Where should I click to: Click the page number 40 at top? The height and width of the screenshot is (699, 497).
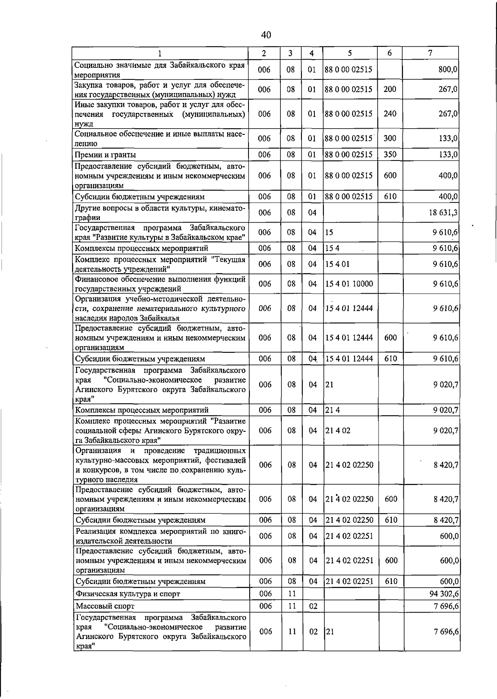pyautogui.click(x=266, y=35)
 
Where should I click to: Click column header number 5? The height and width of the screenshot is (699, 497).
pyautogui.click(x=350, y=53)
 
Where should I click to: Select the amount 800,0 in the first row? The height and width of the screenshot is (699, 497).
pyautogui.click(x=448, y=70)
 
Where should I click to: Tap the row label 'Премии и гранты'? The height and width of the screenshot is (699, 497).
pyautogui.click(x=105, y=155)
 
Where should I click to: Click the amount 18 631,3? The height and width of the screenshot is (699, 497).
pyautogui.click(x=443, y=213)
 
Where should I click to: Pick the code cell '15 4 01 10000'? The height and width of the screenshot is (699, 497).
pyautogui.click(x=349, y=284)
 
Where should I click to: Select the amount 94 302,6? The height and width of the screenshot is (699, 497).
pyautogui.click(x=444, y=594)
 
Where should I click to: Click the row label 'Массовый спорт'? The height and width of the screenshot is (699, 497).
pyautogui.click(x=105, y=606)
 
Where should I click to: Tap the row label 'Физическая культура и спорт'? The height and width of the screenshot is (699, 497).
pyautogui.click(x=128, y=594)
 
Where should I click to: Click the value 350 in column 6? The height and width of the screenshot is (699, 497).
pyautogui.click(x=390, y=155)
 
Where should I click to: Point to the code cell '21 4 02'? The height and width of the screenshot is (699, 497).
pyautogui.click(x=338, y=431)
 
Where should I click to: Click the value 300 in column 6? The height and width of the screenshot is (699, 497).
pyautogui.click(x=390, y=139)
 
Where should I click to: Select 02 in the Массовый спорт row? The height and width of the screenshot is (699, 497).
pyautogui.click(x=313, y=606)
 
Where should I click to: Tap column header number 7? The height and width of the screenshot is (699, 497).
pyautogui.click(x=430, y=53)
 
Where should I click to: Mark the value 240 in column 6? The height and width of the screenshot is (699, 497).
pyautogui.click(x=390, y=114)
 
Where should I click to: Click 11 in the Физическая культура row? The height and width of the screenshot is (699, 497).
pyautogui.click(x=292, y=594)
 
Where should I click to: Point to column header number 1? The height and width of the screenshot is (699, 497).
pyautogui.click(x=160, y=53)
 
